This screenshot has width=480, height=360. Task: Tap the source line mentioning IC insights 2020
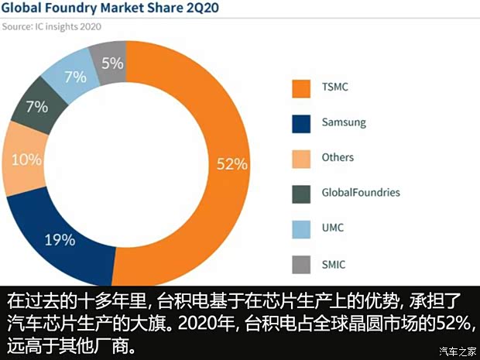pyautogui.click(x=52, y=26)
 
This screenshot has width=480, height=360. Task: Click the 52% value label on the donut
pyautogui.click(x=231, y=163)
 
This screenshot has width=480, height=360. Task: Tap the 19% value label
pyautogui.click(x=60, y=239)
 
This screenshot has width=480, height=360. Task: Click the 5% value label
pyautogui.click(x=112, y=62)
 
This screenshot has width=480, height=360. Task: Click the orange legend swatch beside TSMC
pyautogui.click(x=300, y=87)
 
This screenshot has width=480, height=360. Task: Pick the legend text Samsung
pyautogui.click(x=343, y=122)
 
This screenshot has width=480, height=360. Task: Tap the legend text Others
pyautogui.click(x=338, y=157)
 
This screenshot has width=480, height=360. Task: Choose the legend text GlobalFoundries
pyautogui.click(x=361, y=193)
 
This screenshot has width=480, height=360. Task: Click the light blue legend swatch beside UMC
pyautogui.click(x=300, y=229)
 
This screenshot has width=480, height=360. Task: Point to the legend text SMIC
pyautogui.click(x=334, y=265)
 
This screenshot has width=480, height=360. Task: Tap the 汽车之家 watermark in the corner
pyautogui.click(x=456, y=351)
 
